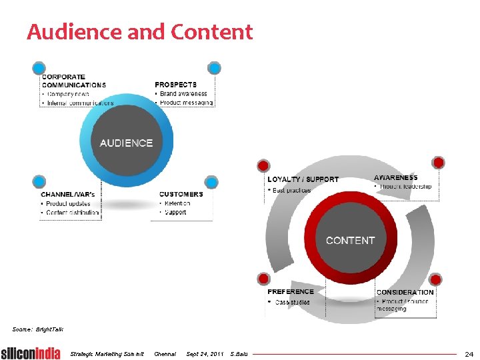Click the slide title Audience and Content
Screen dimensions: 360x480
[x=140, y=32]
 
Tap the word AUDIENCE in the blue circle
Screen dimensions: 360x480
[x=126, y=143]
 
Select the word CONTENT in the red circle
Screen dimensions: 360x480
[x=350, y=240]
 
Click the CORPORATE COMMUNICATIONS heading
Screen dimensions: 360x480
[x=73, y=81]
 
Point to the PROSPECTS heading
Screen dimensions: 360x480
[x=175, y=85]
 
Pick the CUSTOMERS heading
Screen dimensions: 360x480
[x=181, y=194]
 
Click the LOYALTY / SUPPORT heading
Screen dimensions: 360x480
[x=303, y=179]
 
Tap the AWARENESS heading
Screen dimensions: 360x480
[x=396, y=177]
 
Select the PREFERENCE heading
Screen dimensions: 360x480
[x=290, y=291]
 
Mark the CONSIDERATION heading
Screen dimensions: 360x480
[x=405, y=292]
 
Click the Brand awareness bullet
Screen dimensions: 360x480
[x=183, y=94]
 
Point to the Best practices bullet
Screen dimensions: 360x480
[x=292, y=191]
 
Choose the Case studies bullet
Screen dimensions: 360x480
[x=292, y=302]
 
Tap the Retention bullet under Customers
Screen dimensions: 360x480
[x=177, y=203]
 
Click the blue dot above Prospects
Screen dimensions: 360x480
[x=213, y=68]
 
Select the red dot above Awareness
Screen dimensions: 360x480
[x=438, y=162]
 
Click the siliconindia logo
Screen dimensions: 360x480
[x=31, y=353]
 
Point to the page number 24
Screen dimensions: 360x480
[x=469, y=353]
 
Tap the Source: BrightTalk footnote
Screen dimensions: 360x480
[x=38, y=329]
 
